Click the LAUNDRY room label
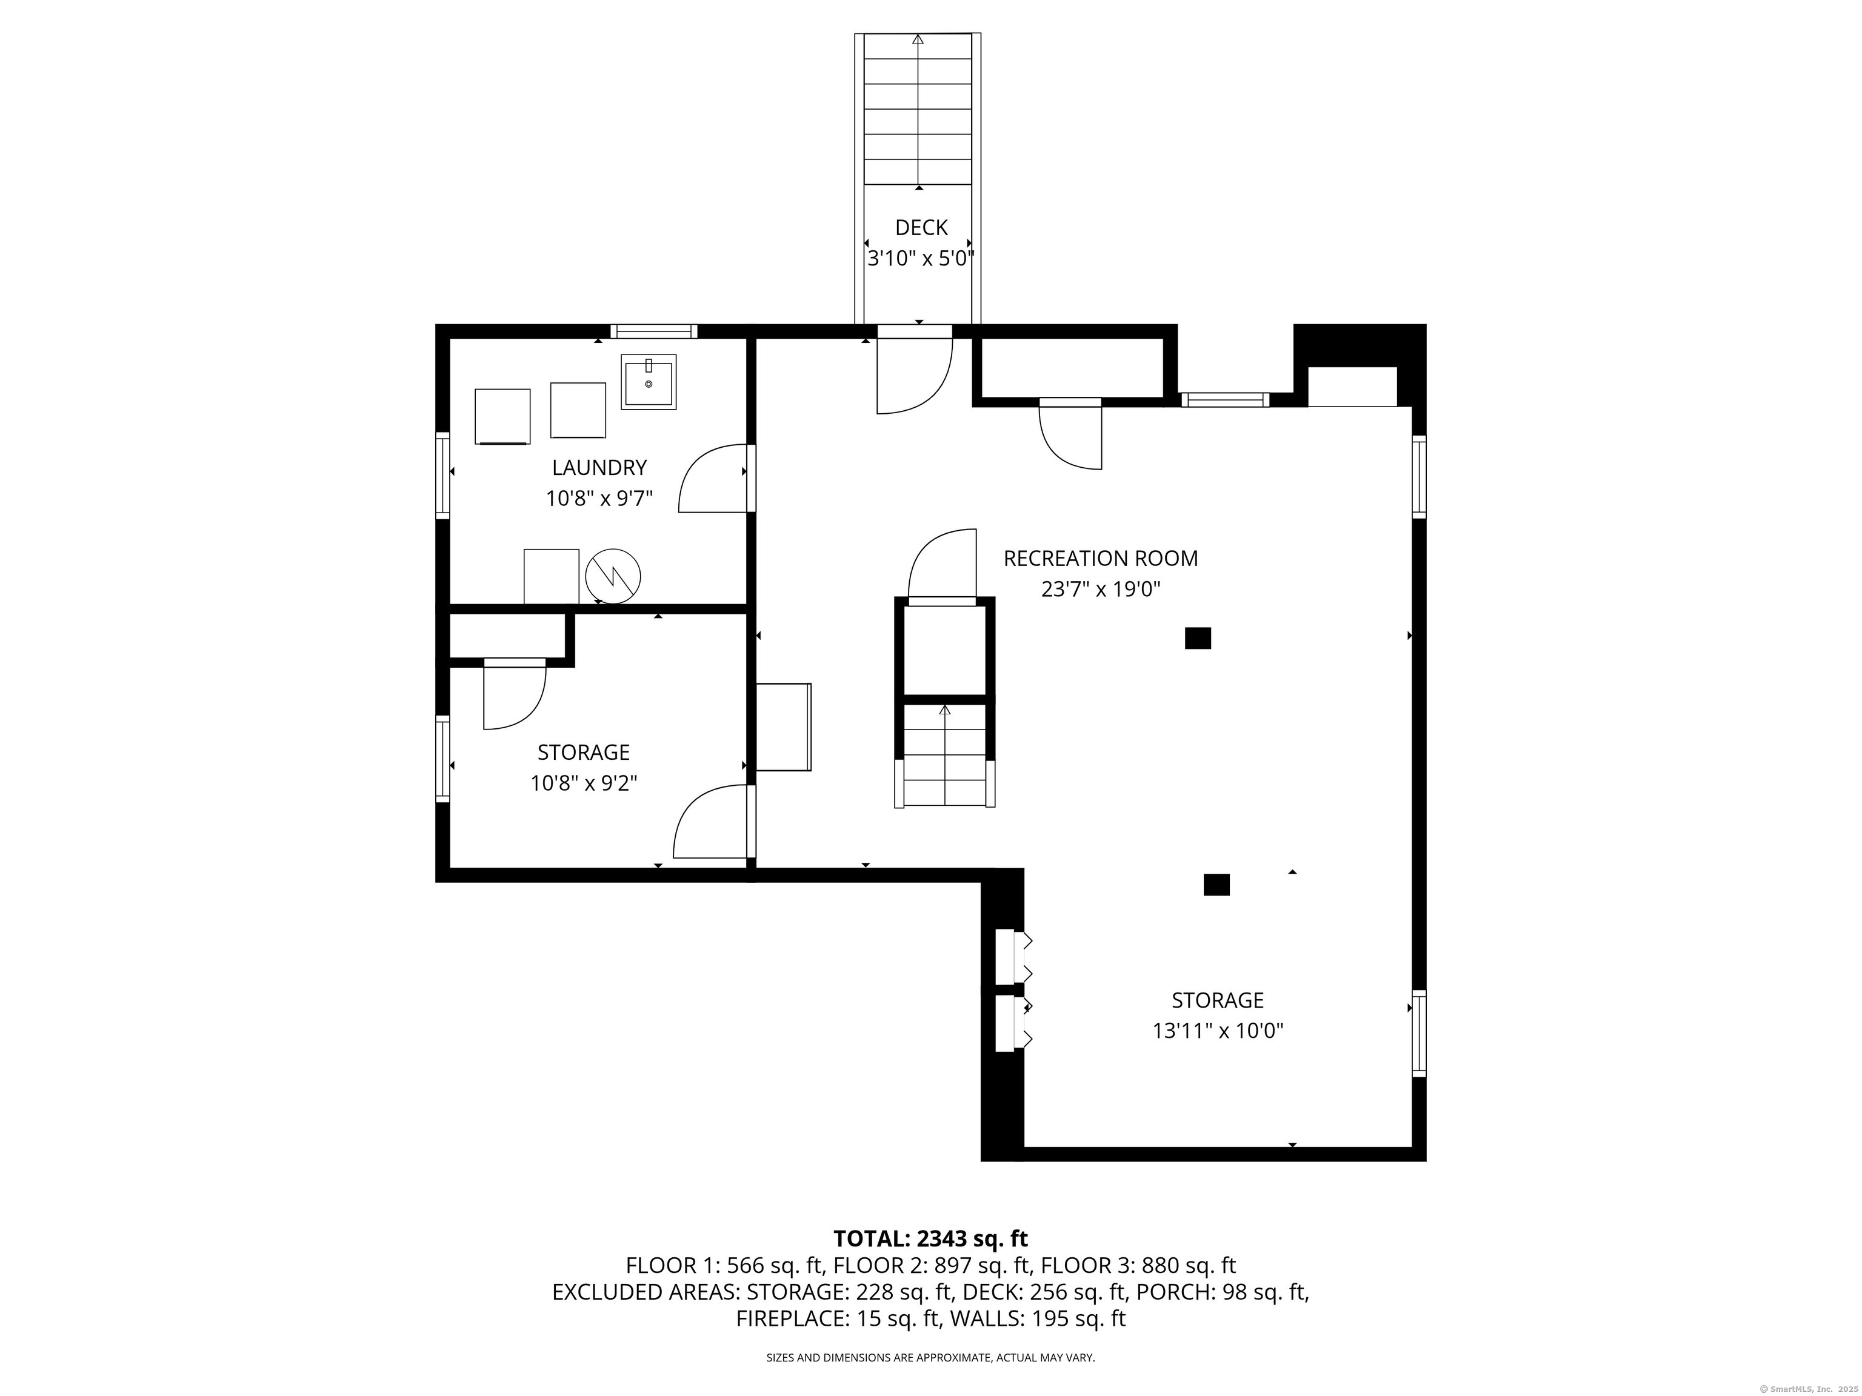(599, 467)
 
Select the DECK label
(921, 227)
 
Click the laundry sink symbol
(648, 382)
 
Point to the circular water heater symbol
(613, 576)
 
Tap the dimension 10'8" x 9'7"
(599, 499)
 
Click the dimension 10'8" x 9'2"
(583, 783)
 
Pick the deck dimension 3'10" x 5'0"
(921, 258)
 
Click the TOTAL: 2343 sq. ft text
(930, 1238)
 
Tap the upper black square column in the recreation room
(1198, 638)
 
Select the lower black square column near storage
(1216, 885)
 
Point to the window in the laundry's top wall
(654, 331)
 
